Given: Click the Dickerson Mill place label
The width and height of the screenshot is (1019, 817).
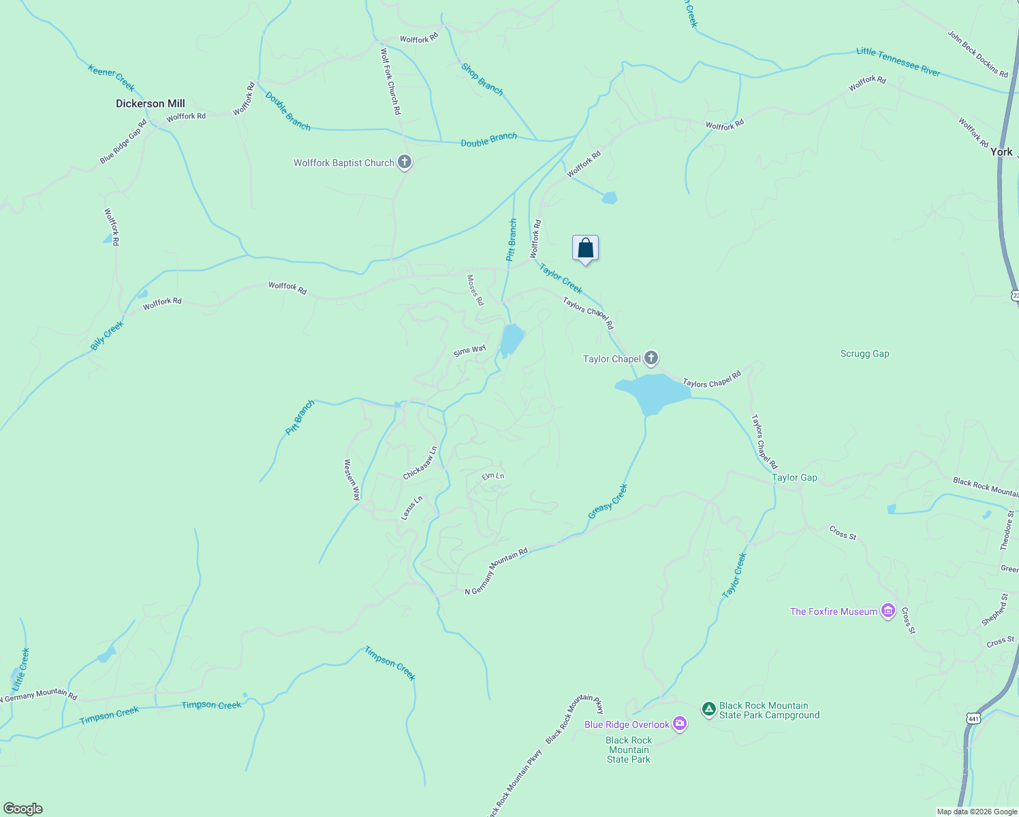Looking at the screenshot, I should (x=150, y=103).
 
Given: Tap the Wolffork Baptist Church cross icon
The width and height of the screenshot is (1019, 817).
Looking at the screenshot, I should (x=405, y=163).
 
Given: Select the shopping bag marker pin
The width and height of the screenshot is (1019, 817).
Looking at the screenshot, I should (x=585, y=249).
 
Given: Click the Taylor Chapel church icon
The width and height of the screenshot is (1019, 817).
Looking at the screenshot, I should (x=651, y=358).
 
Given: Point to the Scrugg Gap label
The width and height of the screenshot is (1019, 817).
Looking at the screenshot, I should (x=864, y=354).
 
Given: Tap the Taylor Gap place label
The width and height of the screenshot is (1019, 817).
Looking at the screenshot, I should (x=794, y=477).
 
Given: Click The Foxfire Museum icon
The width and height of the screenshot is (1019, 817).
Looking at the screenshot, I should (x=888, y=611).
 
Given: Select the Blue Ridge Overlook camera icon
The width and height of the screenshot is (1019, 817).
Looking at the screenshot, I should (x=680, y=724).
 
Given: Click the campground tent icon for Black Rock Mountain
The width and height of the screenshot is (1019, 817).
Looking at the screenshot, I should (x=709, y=710).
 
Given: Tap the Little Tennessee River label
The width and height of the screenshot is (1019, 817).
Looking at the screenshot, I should (x=898, y=61).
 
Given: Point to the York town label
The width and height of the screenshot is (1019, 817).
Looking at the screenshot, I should (x=1001, y=152).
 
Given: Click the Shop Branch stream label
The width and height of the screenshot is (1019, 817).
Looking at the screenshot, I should (x=482, y=79).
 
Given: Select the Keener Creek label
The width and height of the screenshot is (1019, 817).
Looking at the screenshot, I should (x=111, y=77).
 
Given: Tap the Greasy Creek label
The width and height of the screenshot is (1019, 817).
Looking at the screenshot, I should (x=608, y=502).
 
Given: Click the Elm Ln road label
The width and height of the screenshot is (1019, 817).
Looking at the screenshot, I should (x=493, y=476).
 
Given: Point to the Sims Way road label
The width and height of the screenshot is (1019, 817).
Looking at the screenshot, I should (x=470, y=351).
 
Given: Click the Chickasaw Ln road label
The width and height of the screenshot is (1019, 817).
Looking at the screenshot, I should (x=420, y=464).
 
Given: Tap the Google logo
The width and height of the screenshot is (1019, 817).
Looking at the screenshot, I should (x=23, y=809).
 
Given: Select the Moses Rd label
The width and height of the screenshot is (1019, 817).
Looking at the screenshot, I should (x=475, y=290).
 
